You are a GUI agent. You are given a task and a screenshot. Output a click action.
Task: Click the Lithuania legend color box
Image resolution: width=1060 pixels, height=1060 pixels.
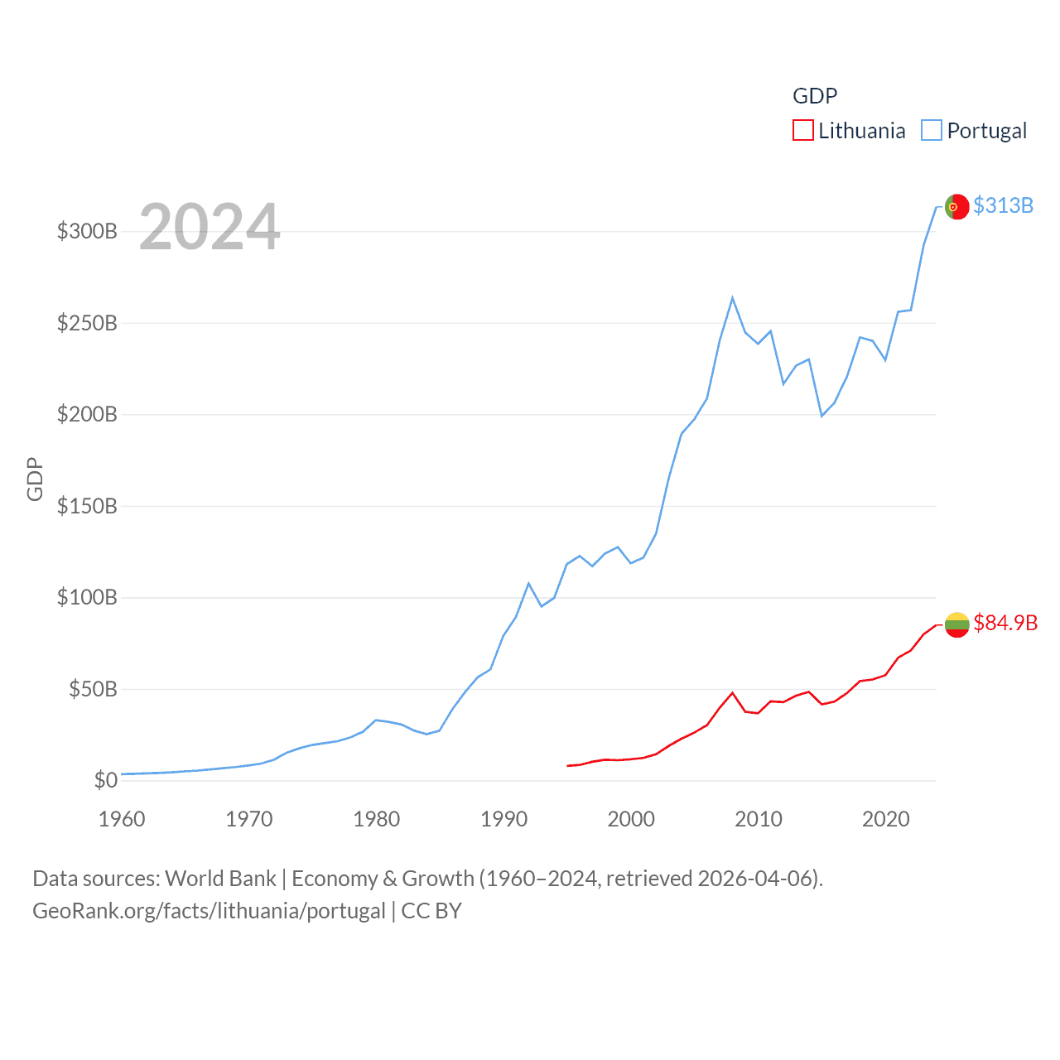[802, 131]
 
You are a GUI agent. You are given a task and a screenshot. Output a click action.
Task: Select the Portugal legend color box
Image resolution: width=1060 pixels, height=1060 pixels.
[932, 131]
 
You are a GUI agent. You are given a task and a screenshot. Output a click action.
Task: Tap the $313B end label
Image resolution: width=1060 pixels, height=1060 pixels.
[1003, 205]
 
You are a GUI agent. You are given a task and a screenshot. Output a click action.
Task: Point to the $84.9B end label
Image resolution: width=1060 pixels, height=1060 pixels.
[1005, 623]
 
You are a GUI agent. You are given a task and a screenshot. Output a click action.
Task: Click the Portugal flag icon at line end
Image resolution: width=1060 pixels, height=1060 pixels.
[956, 206]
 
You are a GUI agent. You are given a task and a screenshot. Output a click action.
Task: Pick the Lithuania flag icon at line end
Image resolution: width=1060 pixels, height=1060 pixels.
[956, 624]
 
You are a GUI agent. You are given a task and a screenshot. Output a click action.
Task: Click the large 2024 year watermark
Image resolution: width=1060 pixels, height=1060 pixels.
[210, 227]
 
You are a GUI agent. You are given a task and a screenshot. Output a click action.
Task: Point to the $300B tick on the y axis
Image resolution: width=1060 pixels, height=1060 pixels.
[87, 231]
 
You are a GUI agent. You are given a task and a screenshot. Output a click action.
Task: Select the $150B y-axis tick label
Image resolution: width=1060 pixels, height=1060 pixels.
[87, 506]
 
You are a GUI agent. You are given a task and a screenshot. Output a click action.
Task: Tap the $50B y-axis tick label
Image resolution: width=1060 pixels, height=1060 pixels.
[93, 689]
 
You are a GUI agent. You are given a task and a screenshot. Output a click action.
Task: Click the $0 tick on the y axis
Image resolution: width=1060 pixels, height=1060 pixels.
[105, 780]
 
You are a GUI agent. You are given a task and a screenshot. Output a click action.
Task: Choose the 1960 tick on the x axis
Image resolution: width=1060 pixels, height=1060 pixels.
[122, 819]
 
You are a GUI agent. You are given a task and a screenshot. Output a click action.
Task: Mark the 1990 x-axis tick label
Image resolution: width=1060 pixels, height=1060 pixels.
[503, 819]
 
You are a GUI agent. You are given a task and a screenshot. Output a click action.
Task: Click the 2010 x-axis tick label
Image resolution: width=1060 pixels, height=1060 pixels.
[759, 819]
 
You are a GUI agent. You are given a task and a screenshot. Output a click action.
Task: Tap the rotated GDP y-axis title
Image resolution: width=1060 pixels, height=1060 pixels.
[35, 479]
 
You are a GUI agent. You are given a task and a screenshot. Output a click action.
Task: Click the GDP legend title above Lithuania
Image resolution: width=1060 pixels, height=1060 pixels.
[815, 96]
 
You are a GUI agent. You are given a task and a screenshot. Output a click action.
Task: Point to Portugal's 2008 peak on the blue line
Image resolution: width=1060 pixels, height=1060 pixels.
[732, 298]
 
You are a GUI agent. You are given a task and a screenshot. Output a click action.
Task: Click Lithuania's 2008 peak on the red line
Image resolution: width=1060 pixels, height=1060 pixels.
[732, 693]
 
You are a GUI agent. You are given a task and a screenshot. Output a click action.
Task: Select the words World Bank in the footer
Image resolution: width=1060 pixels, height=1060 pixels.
[220, 878]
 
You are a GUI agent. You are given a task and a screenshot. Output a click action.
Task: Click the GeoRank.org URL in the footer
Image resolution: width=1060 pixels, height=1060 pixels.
[209, 911]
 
